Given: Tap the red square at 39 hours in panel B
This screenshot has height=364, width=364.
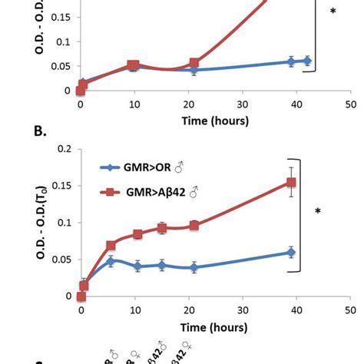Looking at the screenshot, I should (x=291, y=183).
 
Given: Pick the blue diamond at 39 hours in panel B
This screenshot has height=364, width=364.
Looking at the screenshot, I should (x=291, y=252).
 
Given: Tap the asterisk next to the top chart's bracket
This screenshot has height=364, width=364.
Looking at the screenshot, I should (x=332, y=12).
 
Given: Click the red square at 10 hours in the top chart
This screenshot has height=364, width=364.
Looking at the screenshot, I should (x=133, y=67).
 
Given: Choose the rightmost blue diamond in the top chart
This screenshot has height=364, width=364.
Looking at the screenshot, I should (x=307, y=61).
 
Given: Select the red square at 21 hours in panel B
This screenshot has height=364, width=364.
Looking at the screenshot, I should (x=194, y=226).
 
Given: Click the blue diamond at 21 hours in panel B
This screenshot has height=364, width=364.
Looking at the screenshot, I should (x=194, y=267).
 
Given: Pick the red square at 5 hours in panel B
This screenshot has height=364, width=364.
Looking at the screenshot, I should (x=111, y=246).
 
